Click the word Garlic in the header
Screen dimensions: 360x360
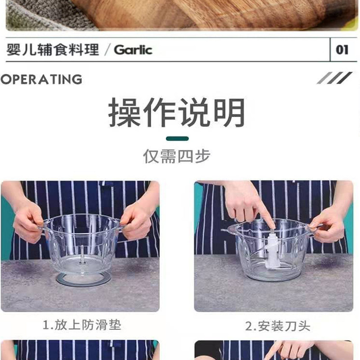pyautogui.click(x=133, y=49)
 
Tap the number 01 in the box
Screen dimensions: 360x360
pyautogui.click(x=342, y=49)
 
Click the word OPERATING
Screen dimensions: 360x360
pyautogui.click(x=41, y=80)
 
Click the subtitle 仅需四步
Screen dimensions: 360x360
pyautogui.click(x=177, y=156)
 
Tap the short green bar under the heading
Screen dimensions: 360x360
pyautogui.click(x=177, y=139)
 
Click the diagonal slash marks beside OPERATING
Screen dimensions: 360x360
pyautogui.click(x=334, y=78)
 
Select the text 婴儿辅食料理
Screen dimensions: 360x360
pyautogui.click(x=53, y=49)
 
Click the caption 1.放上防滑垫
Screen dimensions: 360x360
pyautogui.click(x=82, y=325)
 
